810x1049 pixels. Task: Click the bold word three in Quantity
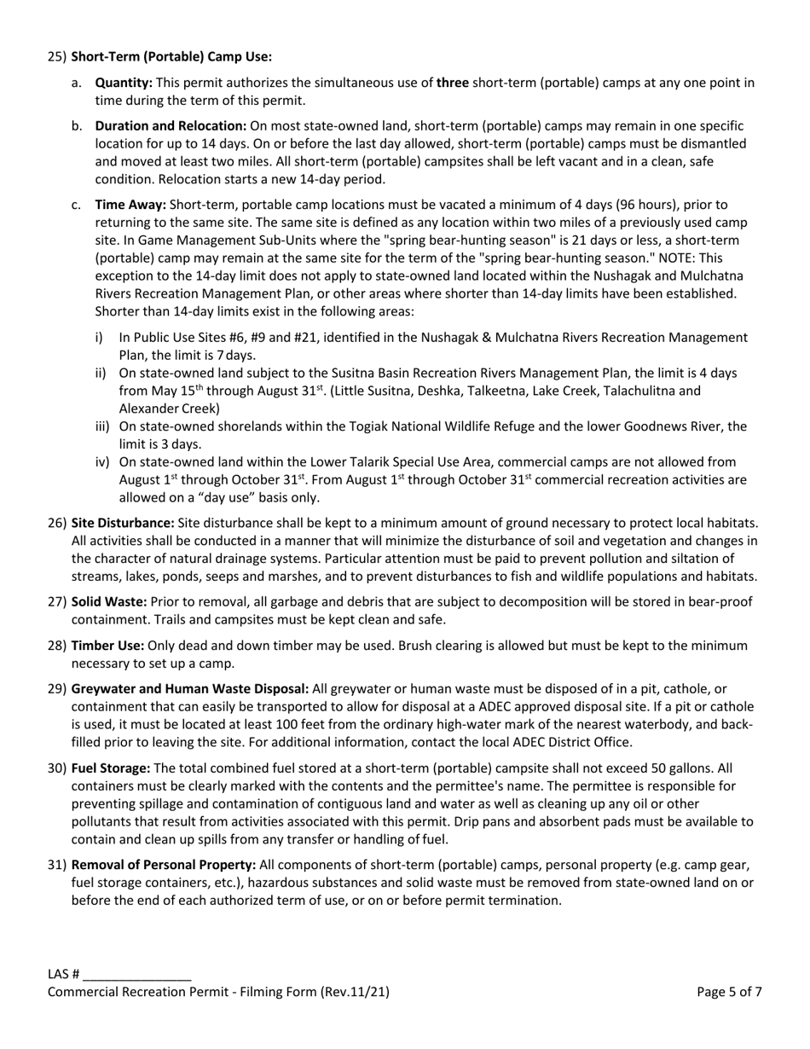(453, 83)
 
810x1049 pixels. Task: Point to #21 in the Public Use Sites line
(322, 338)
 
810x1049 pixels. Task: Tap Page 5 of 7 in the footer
(729, 992)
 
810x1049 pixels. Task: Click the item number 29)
(57, 688)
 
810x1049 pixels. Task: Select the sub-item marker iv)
(102, 461)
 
